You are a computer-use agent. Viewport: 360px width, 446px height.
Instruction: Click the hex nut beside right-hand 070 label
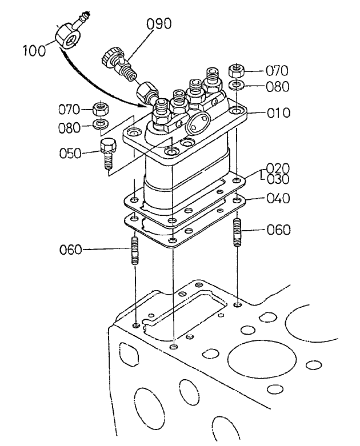point(237,71)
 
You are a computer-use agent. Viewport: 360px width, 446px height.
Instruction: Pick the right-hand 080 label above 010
point(277,87)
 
